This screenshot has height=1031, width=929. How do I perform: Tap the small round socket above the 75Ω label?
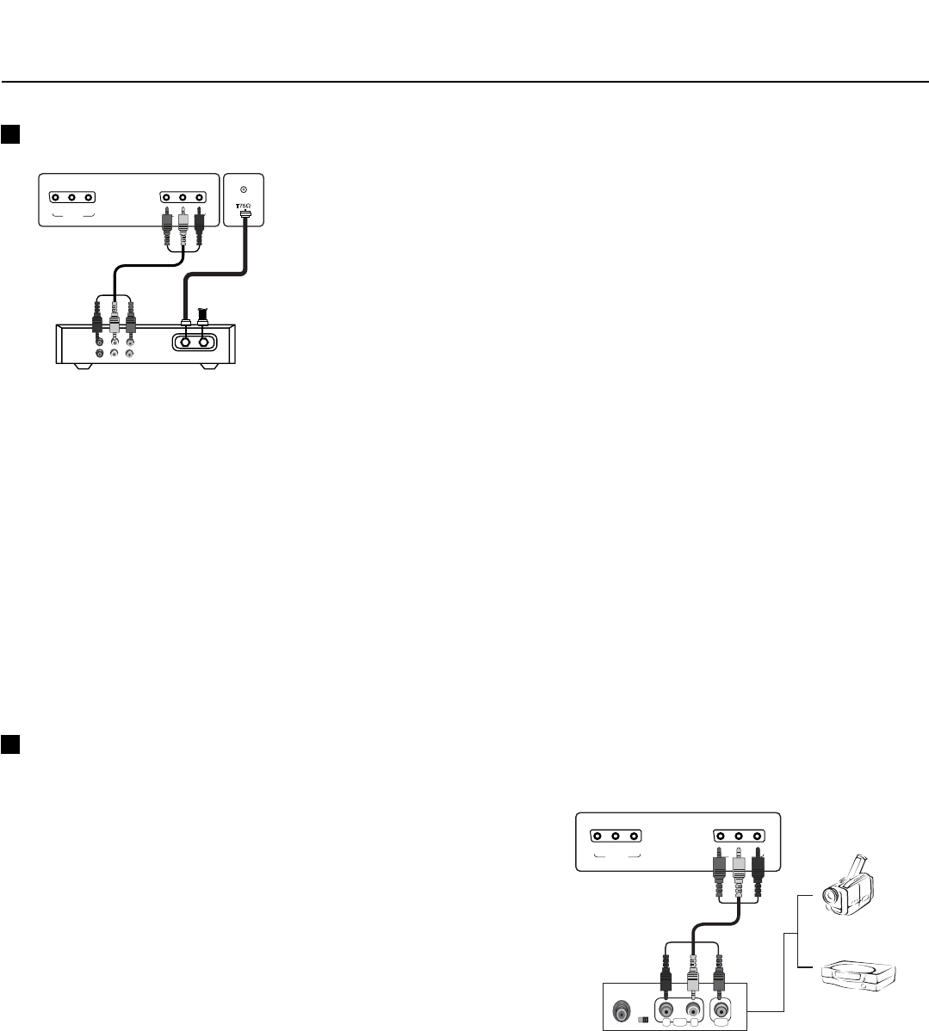click(244, 189)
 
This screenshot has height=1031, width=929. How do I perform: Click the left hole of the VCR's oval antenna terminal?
click(185, 341)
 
